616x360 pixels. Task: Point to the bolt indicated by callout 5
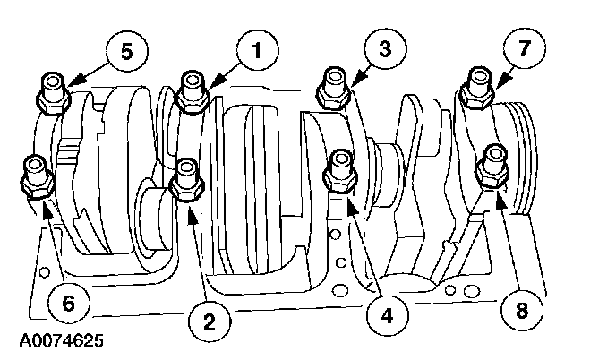click(x=52, y=90)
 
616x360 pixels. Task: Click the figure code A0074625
click(x=56, y=341)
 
